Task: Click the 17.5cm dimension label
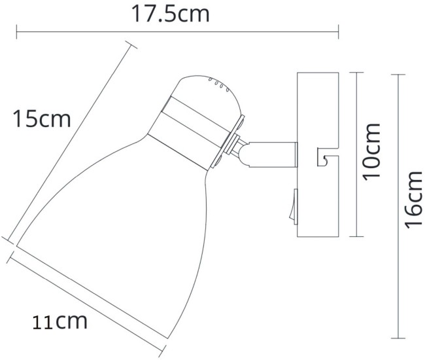coord(171,14)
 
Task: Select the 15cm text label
coord(41,119)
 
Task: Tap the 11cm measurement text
coord(60,321)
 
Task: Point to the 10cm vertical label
coord(372,152)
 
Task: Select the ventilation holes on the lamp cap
coord(214,83)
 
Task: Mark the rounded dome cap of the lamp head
coord(206,98)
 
